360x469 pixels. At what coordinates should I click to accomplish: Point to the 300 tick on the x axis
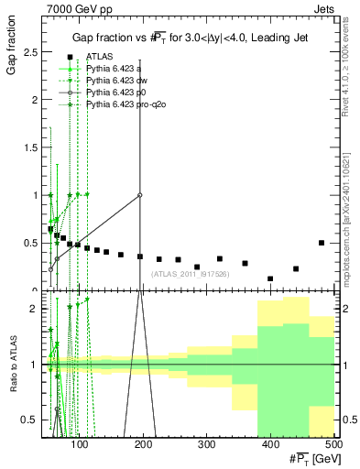[206, 445]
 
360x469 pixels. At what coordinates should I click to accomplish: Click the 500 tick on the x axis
[333, 445]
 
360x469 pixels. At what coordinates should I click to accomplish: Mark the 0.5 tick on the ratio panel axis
[33, 420]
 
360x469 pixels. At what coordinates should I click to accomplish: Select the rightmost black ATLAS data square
[321, 243]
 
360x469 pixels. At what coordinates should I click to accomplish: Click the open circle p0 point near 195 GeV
[140, 195]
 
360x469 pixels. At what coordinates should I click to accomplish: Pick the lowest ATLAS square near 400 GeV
[270, 278]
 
